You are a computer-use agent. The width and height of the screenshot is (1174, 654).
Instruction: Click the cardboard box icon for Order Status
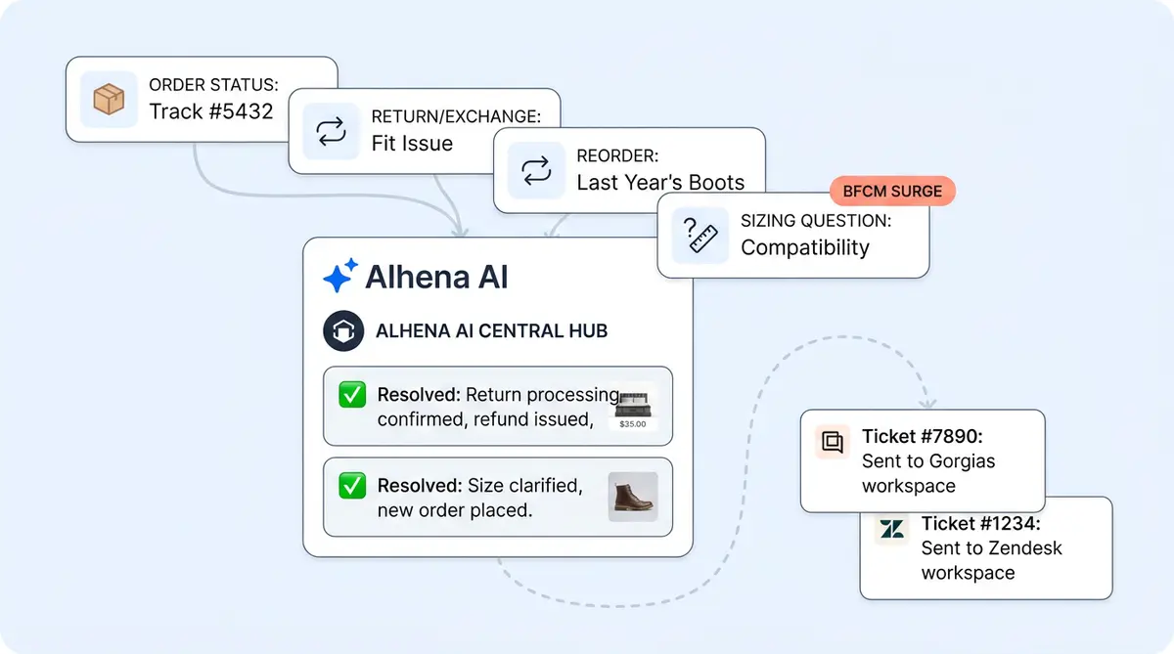coord(108,99)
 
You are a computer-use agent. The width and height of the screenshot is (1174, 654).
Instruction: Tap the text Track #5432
coord(210,110)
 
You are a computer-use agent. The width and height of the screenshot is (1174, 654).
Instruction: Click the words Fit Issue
coord(412,143)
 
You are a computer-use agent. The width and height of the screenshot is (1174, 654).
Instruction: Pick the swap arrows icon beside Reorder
coord(536,170)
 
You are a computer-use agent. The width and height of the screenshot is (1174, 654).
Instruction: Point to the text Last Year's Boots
coord(660,182)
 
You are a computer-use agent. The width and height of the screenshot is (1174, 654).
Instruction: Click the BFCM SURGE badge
coord(892,192)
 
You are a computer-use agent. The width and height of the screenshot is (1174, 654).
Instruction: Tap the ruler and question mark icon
coord(700,235)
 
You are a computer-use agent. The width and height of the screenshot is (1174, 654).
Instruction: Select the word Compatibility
coord(804,247)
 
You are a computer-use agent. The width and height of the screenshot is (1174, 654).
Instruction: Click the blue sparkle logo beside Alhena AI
coord(339,277)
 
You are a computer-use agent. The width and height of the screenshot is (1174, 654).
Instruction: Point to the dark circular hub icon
coord(342,330)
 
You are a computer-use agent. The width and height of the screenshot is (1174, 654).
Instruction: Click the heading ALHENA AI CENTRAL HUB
coord(491,330)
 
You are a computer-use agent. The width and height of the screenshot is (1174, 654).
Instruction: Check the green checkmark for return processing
coord(351,396)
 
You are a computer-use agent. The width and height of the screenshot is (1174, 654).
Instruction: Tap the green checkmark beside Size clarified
coord(351,486)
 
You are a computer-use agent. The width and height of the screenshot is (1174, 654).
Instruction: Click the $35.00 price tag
coord(633,424)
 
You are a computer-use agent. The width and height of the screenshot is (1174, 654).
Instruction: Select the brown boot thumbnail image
coord(633,497)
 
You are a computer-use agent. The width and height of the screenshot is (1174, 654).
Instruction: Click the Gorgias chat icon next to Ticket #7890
coord(832,442)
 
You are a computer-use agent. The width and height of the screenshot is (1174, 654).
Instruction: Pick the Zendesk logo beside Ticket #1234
coord(891,529)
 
